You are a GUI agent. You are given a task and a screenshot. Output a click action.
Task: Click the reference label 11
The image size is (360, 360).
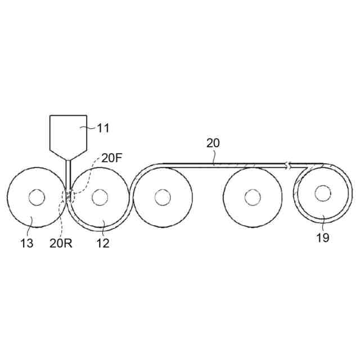point(103,128)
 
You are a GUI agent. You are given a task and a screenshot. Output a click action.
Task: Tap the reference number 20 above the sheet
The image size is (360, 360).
point(213,143)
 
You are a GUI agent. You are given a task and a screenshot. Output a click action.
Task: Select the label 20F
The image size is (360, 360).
point(111,158)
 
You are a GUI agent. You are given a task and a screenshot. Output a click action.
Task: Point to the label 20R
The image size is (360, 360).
point(61,244)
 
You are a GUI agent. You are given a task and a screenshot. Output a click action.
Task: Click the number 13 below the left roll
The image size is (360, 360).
point(27,244)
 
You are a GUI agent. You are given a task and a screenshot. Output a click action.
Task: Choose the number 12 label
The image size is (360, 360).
point(103,244)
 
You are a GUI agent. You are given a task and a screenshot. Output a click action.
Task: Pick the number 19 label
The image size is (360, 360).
point(323,237)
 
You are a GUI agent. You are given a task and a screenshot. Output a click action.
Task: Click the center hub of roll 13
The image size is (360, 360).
point(37,197)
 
